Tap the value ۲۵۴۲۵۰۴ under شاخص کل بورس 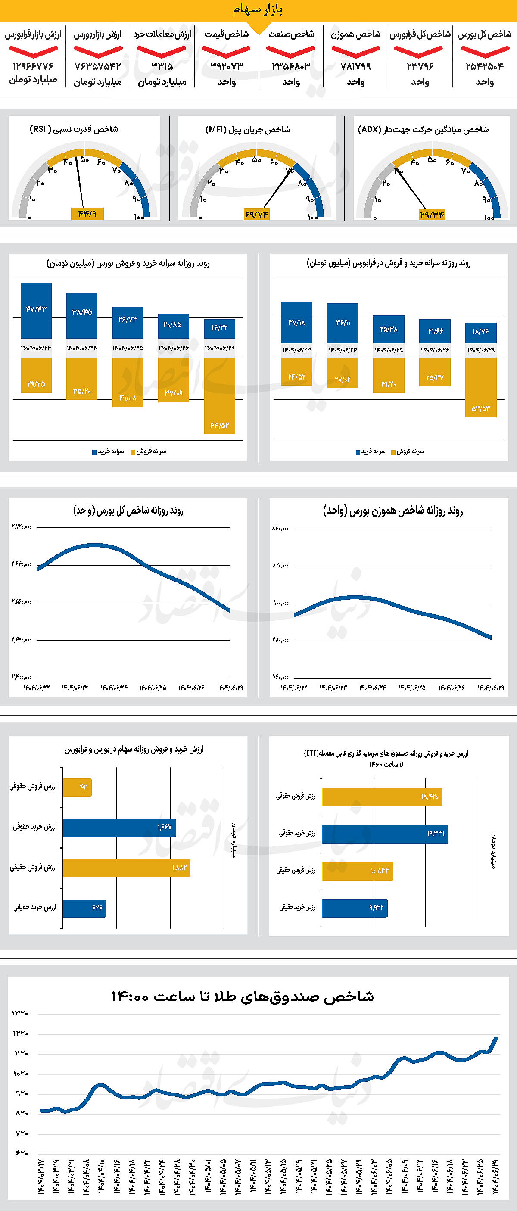484,66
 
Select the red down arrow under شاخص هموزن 355,50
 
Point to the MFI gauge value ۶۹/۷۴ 257,215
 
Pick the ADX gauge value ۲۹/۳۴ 432,215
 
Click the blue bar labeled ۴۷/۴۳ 36,310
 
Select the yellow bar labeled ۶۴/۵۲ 219,396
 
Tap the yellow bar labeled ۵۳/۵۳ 481,388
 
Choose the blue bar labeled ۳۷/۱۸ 296,323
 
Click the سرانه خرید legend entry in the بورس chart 108,452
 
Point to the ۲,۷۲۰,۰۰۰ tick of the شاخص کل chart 22,527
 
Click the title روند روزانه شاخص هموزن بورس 392,511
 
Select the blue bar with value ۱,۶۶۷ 119,828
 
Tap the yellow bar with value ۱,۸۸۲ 126,868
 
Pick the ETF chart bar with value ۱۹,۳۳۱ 385,834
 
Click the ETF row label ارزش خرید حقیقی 298,907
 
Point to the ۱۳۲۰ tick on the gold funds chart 20,1013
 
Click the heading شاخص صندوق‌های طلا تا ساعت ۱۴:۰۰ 243,996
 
